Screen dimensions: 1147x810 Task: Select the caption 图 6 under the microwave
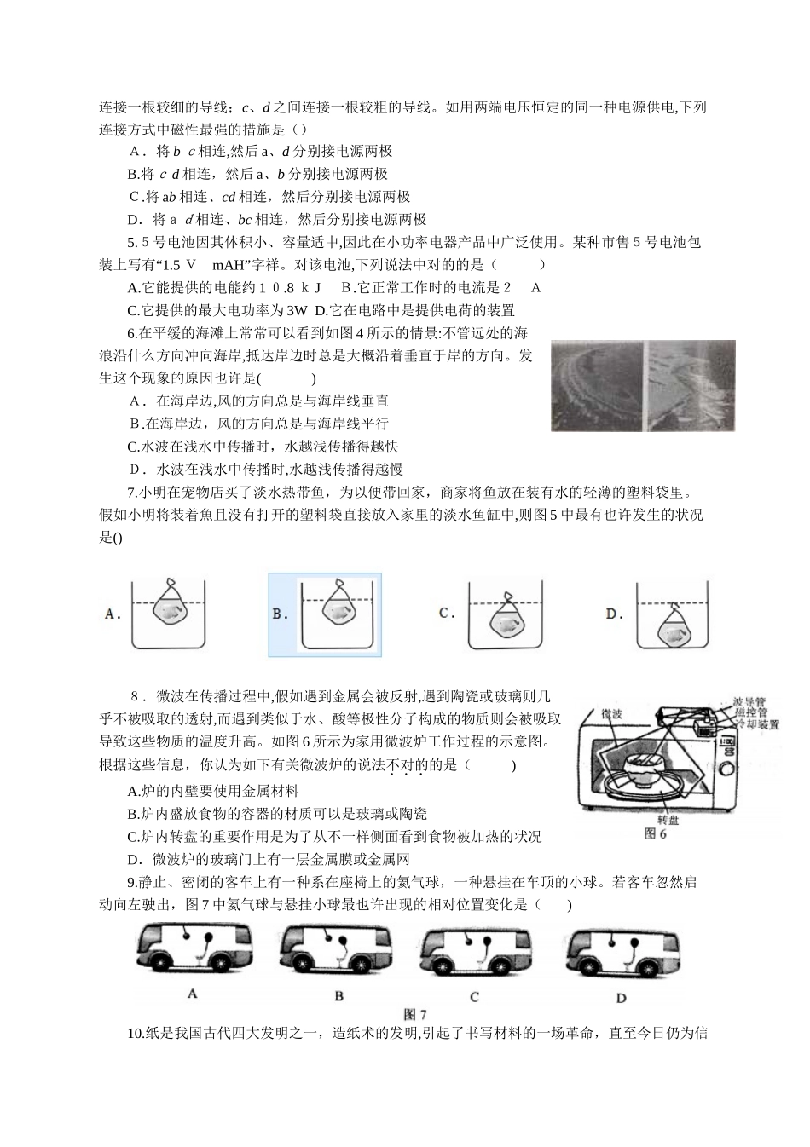coord(656,833)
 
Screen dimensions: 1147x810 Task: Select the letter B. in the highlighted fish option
coord(281,614)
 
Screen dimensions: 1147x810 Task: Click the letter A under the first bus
coord(192,994)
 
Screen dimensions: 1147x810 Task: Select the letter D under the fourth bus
coord(621,998)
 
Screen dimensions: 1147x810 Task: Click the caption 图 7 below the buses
coord(414,1014)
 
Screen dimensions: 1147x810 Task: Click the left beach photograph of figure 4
coord(596,384)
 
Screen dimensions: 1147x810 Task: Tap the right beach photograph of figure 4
coord(691,384)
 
